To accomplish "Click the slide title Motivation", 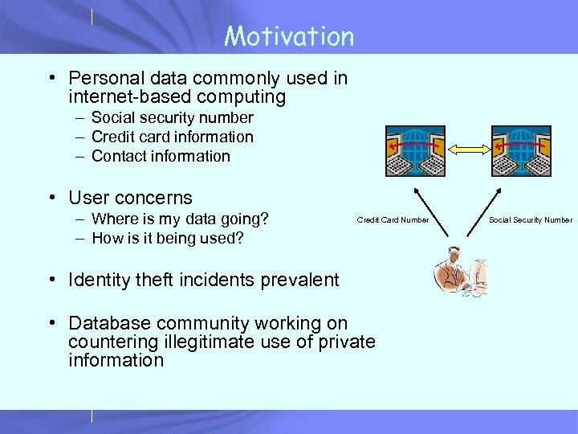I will click(289, 36).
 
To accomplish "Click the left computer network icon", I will click(415, 150).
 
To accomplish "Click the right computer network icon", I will click(521, 150).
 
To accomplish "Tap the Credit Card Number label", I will click(393, 220).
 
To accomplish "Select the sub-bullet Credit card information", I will click(172, 137).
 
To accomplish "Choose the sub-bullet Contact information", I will click(161, 157).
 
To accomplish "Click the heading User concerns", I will click(130, 198).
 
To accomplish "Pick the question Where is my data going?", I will click(180, 219).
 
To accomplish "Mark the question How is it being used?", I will click(168, 239).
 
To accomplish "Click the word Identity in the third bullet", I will click(98, 280).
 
